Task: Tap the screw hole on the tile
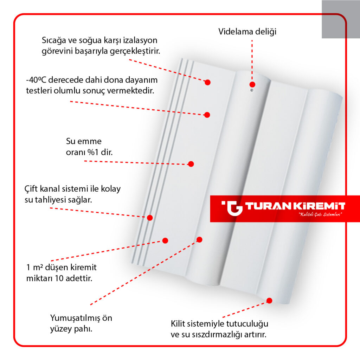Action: pos(252,90)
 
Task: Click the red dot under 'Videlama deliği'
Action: pos(252,84)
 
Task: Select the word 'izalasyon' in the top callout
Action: pos(140,40)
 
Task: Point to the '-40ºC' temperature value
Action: pos(36,80)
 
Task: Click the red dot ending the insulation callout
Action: pos(207,82)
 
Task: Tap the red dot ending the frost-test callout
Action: pos(207,115)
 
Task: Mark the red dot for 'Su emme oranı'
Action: pos(191,164)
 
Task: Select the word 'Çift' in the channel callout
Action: pos(31,189)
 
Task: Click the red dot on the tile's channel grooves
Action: pos(150,218)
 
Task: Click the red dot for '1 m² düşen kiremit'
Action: pos(165,240)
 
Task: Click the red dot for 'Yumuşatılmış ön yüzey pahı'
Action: pos(199,240)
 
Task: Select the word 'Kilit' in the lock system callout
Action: pos(178,324)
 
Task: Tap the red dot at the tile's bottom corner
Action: pos(269,301)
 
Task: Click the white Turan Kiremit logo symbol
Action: pos(232,208)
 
